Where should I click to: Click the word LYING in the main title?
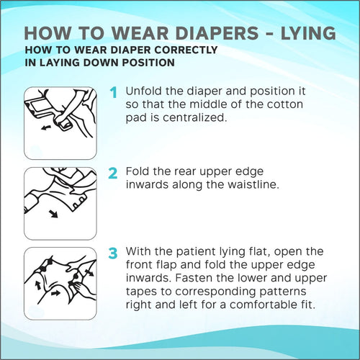click(x=308, y=33)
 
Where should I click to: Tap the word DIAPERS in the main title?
click(x=217, y=33)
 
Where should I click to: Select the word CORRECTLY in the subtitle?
click(x=186, y=50)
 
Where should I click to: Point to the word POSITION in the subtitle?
click(x=148, y=63)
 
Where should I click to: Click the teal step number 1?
click(x=114, y=92)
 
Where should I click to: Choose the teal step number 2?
click(x=113, y=174)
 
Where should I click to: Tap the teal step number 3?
click(x=113, y=253)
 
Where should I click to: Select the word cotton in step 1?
click(x=285, y=104)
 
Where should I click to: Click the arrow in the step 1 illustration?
click(x=46, y=127)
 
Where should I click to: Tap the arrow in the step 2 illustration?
click(x=53, y=214)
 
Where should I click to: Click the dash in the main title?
click(x=270, y=34)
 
